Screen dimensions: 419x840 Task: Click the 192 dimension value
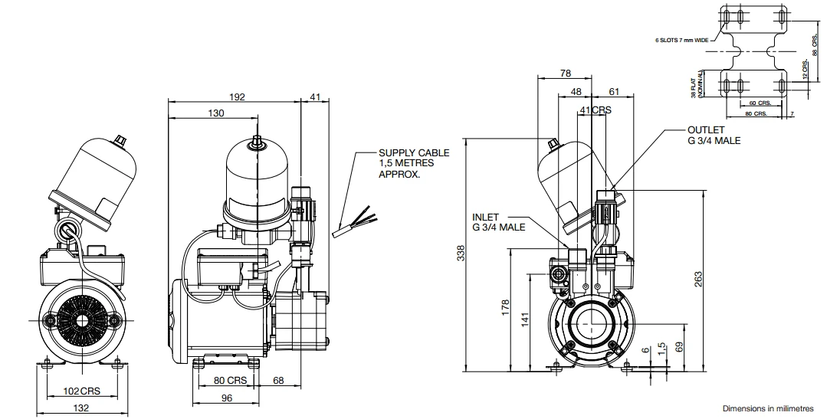237,97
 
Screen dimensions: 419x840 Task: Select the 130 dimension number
216,113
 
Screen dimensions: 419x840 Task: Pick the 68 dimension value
279,380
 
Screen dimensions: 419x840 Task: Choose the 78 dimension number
565,74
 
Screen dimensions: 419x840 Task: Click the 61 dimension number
614,91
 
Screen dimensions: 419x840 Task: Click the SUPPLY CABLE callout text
414,163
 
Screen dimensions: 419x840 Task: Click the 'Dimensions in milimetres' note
767,409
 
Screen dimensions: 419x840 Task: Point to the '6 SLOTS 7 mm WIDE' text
684,38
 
